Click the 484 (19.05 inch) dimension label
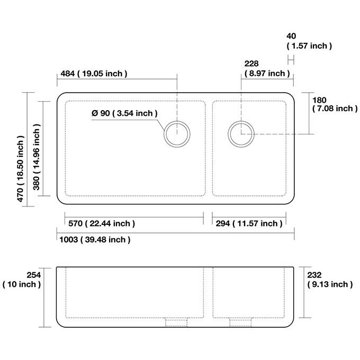94,74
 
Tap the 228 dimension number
251,64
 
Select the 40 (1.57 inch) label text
309,41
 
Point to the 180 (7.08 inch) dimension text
335,104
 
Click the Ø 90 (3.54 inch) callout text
124,113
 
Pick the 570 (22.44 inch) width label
102,223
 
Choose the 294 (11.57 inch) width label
249,223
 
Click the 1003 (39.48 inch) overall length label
95,240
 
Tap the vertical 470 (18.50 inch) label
20,168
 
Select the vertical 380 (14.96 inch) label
37,157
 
